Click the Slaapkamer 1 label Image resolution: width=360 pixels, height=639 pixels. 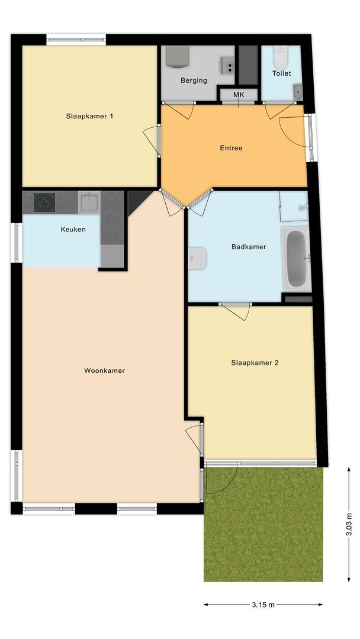pyautogui.click(x=89, y=116)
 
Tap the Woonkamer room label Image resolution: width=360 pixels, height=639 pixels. pyautogui.click(x=104, y=370)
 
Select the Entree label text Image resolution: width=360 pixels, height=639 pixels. pyautogui.click(x=231, y=148)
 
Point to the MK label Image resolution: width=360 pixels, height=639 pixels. pyautogui.click(x=239, y=95)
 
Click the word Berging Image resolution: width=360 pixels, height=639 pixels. pyautogui.click(x=194, y=80)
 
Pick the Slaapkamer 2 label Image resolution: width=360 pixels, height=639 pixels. pyautogui.click(x=255, y=363)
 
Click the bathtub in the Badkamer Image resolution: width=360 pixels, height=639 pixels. pyautogui.click(x=297, y=259)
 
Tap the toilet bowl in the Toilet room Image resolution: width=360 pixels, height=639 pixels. pyautogui.click(x=281, y=57)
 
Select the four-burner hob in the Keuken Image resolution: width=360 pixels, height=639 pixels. pyautogui.click(x=44, y=202)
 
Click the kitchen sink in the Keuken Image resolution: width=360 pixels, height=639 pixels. pyautogui.click(x=89, y=202)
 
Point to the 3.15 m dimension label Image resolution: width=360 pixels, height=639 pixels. pyautogui.click(x=263, y=604)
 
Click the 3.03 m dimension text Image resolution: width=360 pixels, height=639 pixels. pyautogui.click(x=349, y=524)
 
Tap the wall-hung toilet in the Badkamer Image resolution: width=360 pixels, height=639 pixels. pyautogui.click(x=197, y=259)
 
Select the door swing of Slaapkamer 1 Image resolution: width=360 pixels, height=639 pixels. pyautogui.click(x=150, y=140)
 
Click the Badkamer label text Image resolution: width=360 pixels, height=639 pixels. pyautogui.click(x=249, y=247)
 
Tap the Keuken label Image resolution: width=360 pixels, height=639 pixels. pyautogui.click(x=73, y=230)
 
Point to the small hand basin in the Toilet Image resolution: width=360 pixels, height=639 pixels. pyautogui.click(x=298, y=92)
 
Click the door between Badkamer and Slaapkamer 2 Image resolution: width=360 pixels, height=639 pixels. pyautogui.click(x=235, y=311)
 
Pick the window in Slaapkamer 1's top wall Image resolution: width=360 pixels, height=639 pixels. pyautogui.click(x=76, y=40)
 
